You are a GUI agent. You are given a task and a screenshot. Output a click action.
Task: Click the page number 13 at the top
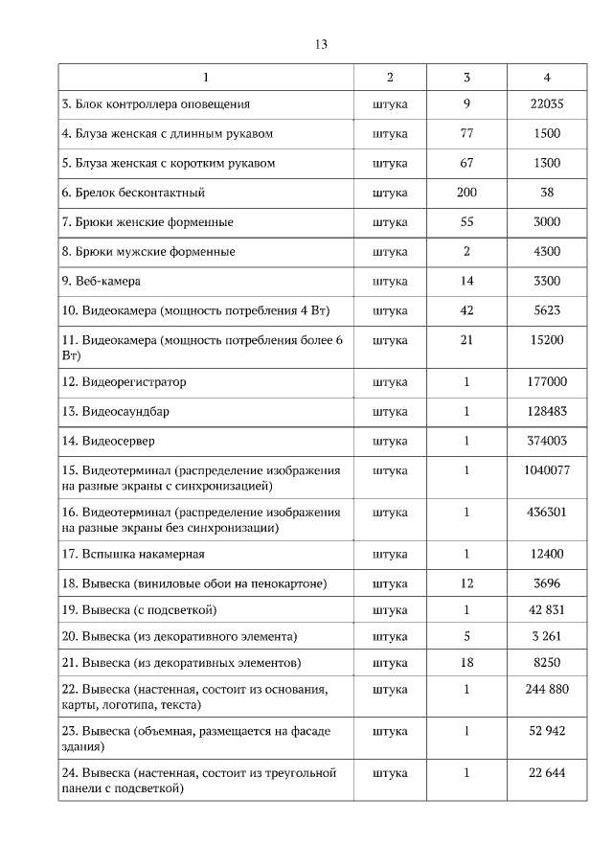click(x=321, y=44)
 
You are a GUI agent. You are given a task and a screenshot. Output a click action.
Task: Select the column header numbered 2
click(x=390, y=78)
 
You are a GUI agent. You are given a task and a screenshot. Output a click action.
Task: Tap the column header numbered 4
click(x=547, y=78)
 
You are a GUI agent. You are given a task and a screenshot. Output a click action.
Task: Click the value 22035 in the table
click(x=547, y=104)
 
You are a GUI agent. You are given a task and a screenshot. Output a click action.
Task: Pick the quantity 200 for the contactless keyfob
click(x=466, y=193)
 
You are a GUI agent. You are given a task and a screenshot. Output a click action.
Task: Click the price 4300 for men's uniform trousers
click(x=547, y=252)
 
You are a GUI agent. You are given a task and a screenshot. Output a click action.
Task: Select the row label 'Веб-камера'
click(x=101, y=282)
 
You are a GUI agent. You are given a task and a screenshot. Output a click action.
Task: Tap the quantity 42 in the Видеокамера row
click(x=466, y=311)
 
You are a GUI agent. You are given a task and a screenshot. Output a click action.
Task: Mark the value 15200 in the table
click(x=547, y=340)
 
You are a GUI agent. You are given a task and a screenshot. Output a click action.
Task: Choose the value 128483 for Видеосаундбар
click(x=547, y=412)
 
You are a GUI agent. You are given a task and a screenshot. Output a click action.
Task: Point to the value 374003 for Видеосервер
click(x=547, y=442)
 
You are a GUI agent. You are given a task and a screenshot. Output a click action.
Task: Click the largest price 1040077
click(x=547, y=470)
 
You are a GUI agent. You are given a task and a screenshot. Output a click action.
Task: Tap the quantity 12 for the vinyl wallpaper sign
click(x=466, y=583)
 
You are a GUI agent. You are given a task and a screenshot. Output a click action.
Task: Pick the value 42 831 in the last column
click(x=547, y=610)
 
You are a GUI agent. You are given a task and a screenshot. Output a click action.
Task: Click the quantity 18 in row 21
click(x=466, y=663)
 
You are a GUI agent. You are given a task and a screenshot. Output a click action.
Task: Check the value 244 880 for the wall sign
click(x=547, y=690)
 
